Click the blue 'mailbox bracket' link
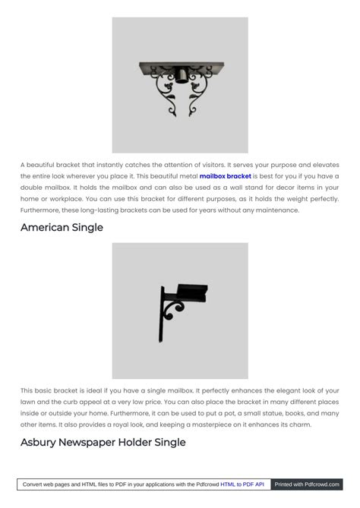tap(225, 175)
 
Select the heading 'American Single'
tap(62, 227)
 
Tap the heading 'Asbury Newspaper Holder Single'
tap(103, 442)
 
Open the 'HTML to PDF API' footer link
tap(242, 484)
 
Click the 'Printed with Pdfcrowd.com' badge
tap(306, 484)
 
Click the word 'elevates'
tap(324, 164)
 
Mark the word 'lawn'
tap(29, 402)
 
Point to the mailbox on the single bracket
tap(191, 292)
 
